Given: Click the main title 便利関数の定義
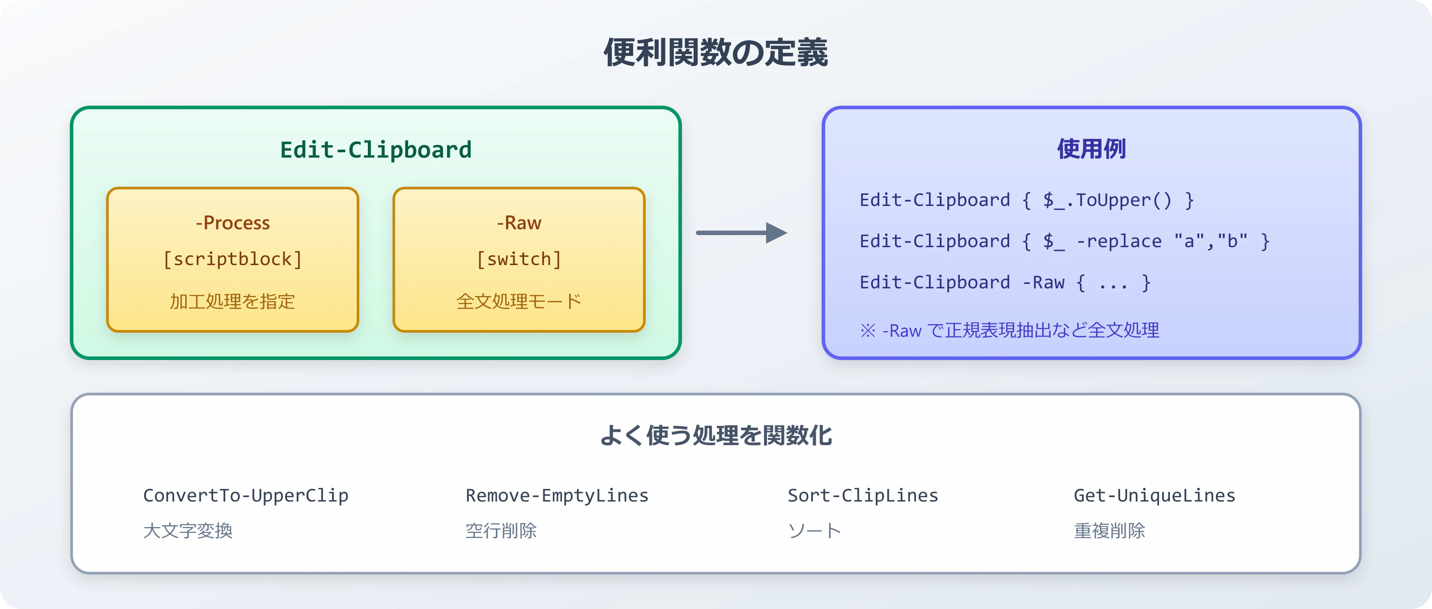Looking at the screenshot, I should click(x=716, y=53).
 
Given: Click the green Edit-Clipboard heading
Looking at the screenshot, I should click(x=376, y=150).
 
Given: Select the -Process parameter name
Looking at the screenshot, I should click(x=232, y=223).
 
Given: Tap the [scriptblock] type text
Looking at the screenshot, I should click(x=232, y=259).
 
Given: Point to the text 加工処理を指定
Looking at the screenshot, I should click(x=232, y=301).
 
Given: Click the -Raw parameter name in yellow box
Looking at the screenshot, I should click(x=519, y=223).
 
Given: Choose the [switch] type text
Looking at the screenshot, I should click(x=519, y=259).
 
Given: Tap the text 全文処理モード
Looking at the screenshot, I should click(x=519, y=301).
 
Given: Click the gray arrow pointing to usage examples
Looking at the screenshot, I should click(x=741, y=232).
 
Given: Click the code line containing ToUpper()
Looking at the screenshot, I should click(x=1026, y=200).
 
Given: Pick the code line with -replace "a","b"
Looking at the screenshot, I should click(x=1064, y=241).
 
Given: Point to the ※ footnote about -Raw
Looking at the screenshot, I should click(x=1009, y=330).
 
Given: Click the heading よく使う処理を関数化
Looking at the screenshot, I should click(x=716, y=435).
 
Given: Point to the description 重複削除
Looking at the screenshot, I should click(x=1109, y=530).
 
